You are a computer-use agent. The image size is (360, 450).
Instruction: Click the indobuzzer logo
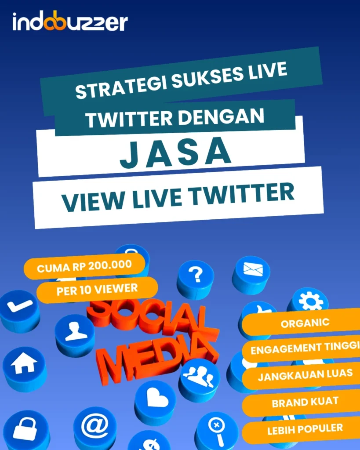(x=70, y=22)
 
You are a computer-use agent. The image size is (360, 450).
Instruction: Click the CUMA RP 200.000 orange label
(x=84, y=266)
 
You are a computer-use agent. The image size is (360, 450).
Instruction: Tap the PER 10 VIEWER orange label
(x=97, y=289)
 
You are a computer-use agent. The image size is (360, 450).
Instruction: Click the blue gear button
(x=310, y=301)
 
